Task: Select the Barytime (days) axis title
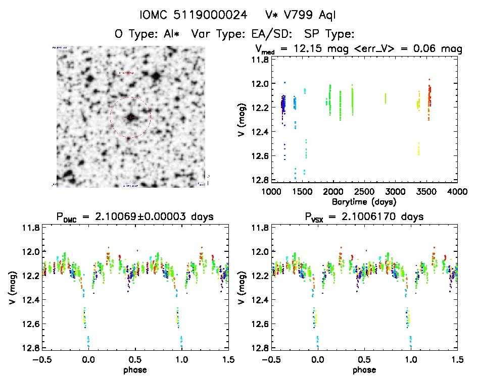click(364, 201)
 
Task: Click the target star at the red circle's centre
click(131, 117)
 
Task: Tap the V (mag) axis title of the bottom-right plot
click(244, 288)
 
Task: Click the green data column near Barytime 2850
click(385, 98)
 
